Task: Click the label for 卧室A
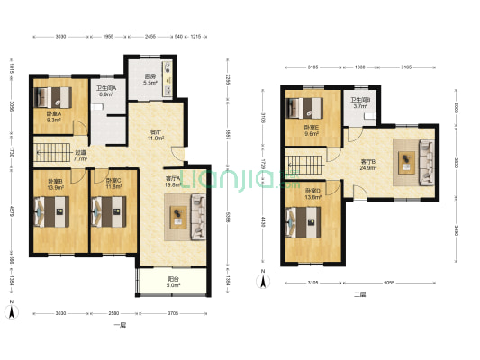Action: coord(54,117)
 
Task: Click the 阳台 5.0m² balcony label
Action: coord(171,282)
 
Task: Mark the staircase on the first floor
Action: coord(53,149)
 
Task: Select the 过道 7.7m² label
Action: coord(80,156)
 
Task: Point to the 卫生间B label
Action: coord(360,103)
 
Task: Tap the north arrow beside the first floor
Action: coord(13,312)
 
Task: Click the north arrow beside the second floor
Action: coord(263,281)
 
